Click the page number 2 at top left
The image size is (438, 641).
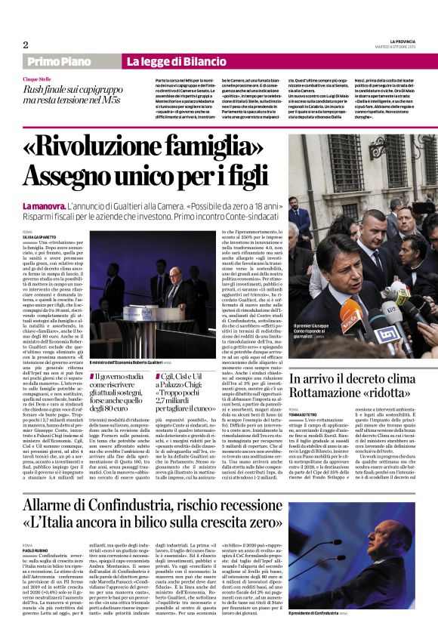tap(26, 45)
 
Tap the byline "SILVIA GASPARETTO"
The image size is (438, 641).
tap(41, 236)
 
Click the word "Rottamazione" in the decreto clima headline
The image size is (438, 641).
tap(325, 393)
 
